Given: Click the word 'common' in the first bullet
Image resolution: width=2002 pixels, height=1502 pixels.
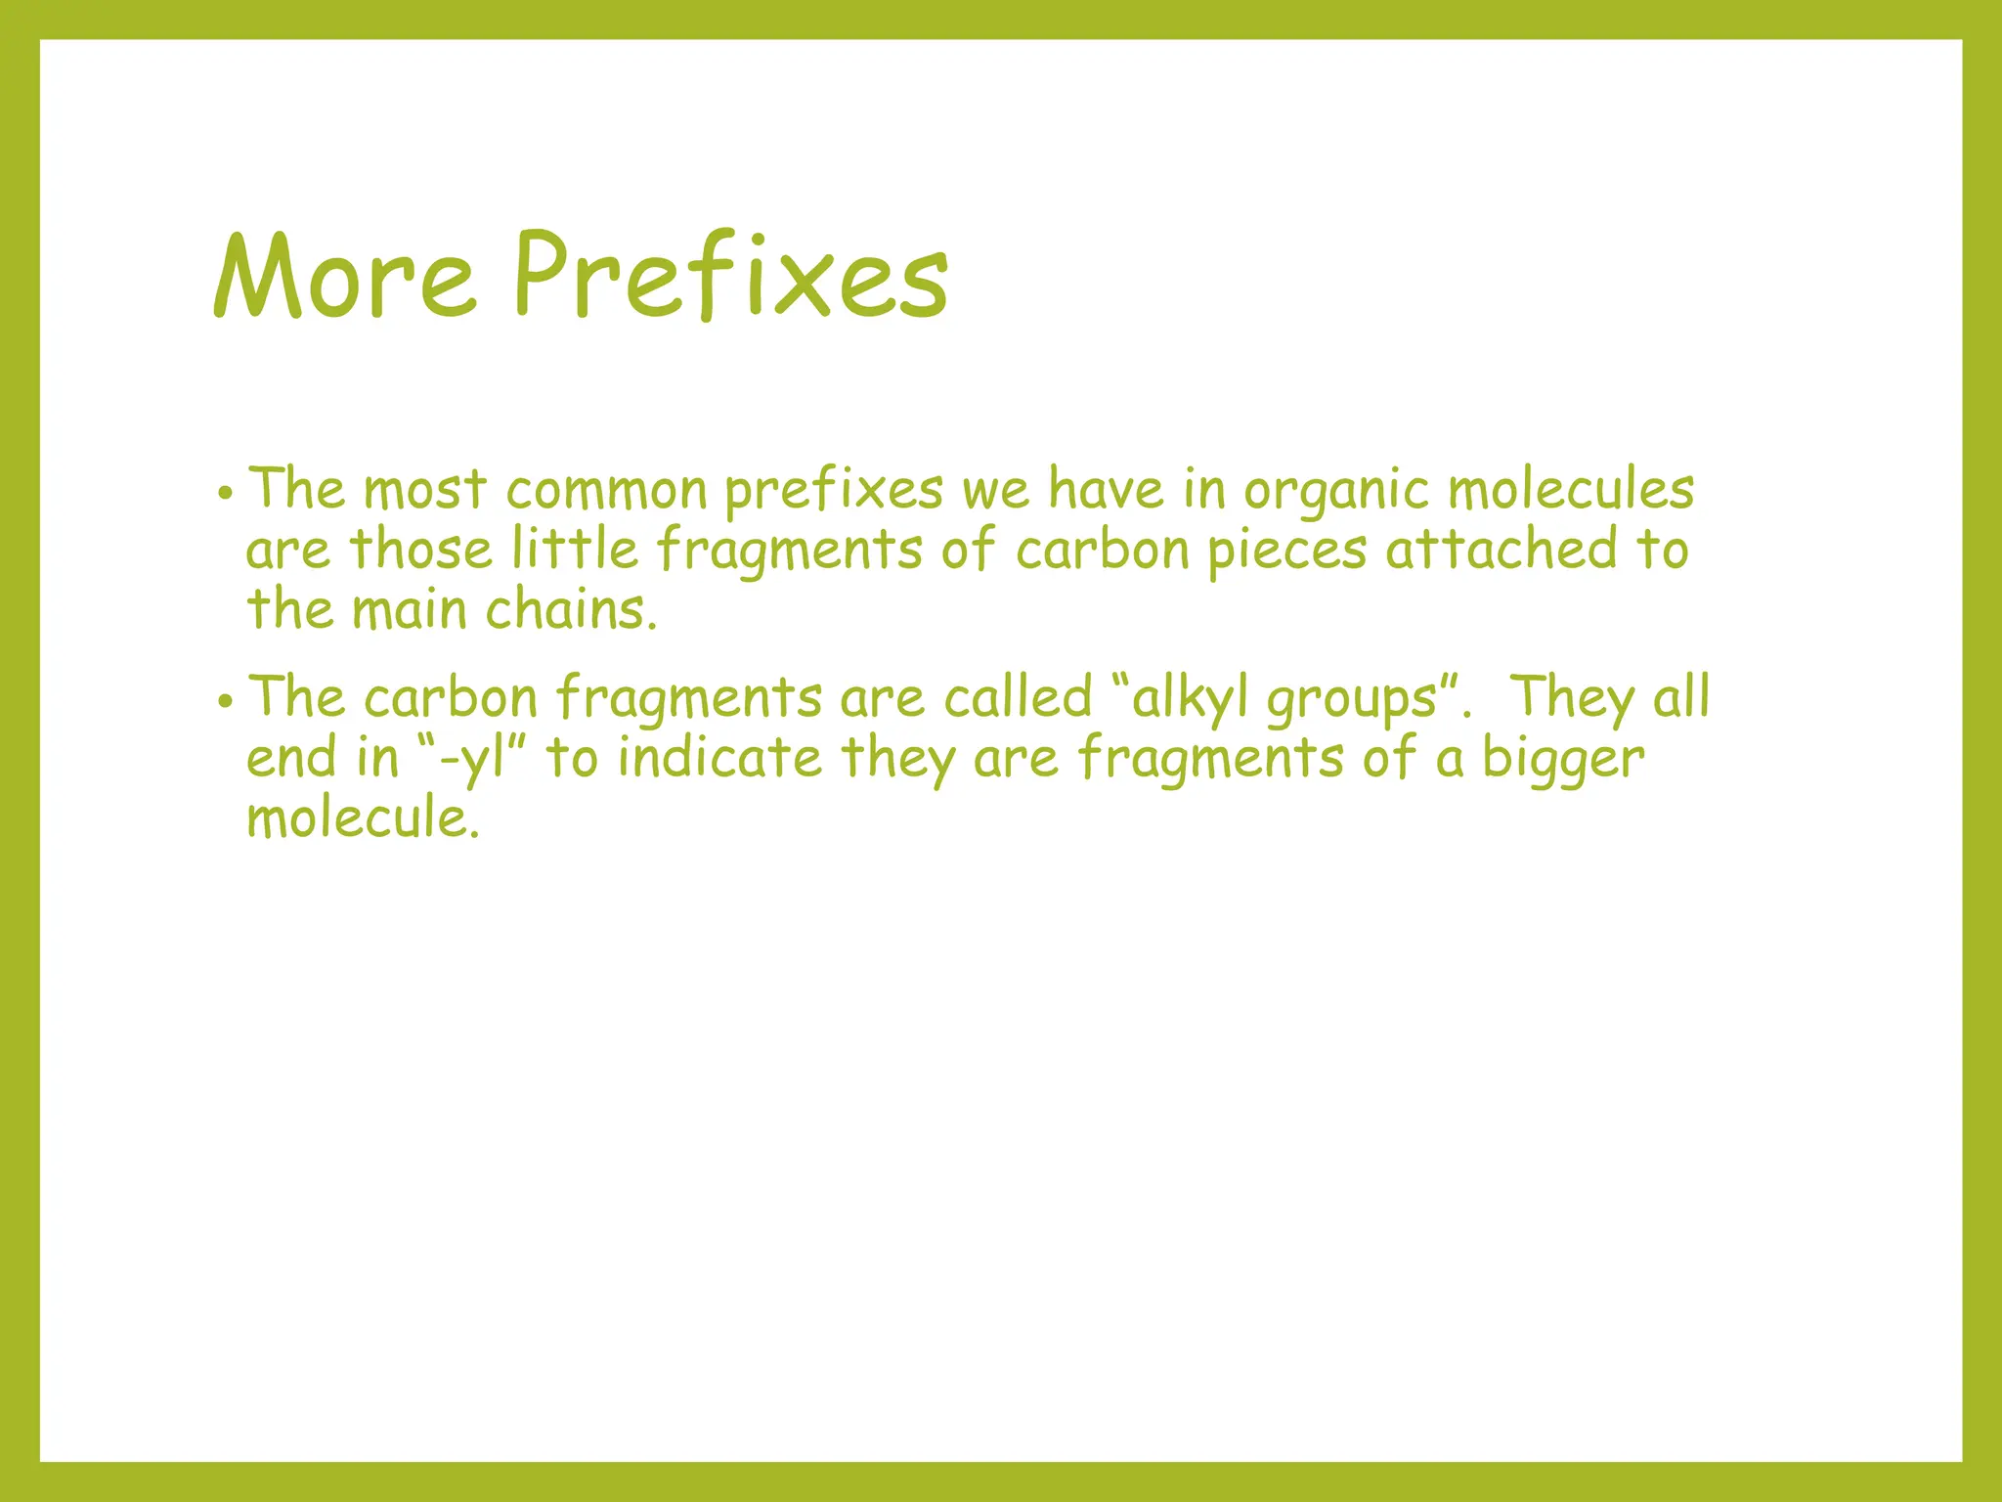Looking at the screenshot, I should point(606,490).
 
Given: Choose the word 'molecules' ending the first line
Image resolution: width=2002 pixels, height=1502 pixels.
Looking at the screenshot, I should point(1571,490).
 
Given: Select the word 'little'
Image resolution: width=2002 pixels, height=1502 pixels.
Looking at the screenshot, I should point(575,549).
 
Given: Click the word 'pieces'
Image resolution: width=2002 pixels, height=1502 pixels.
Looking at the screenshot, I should point(1286,551).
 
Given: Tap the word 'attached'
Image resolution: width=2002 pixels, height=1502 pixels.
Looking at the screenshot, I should point(1501,549).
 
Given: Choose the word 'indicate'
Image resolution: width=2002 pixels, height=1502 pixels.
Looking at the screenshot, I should point(719,758).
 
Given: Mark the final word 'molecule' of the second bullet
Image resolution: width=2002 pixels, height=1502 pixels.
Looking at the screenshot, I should point(362,817).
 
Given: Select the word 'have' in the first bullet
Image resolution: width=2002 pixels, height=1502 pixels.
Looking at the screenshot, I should point(1107,490).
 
